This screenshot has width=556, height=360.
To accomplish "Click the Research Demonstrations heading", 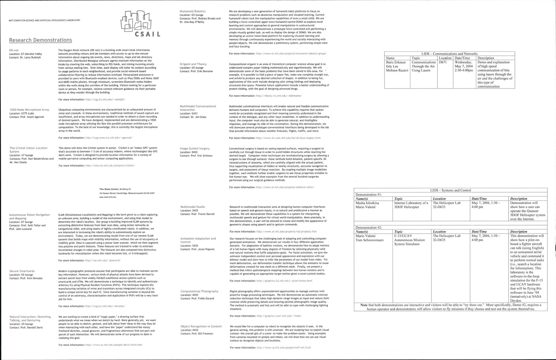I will pyautogui.click(x=40, y=40).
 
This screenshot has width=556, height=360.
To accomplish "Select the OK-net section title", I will pyautogui.click(x=14, y=50).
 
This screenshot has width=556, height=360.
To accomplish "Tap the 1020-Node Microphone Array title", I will pyautogui.click(x=29, y=110).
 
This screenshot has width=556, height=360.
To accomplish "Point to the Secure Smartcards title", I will pyautogui.click(x=22, y=271).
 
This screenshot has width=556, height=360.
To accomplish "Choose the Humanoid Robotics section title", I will pyautogui.click(x=192, y=11).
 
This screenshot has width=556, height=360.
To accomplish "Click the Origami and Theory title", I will pyautogui.click(x=193, y=64).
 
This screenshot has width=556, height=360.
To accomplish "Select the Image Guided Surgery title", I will pyautogui.click(x=195, y=149).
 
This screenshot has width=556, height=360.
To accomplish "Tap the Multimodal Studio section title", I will pyautogui.click(x=192, y=207).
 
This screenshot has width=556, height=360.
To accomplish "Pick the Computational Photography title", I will pyautogui.click(x=199, y=291).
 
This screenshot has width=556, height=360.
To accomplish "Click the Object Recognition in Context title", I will pyautogui.click(x=201, y=326).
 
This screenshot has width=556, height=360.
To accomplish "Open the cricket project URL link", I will pyautogui.click(x=110, y=166).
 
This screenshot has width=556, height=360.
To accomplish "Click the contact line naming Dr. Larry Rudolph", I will pyautogui.click(x=25, y=57).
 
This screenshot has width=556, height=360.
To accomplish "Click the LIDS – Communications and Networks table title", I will pyautogui.click(x=449, y=54).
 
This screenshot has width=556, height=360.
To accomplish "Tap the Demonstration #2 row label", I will pyautogui.click(x=368, y=227).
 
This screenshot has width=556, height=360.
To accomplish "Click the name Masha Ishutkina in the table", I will pyautogui.click(x=367, y=203).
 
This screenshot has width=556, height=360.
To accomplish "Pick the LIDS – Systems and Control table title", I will pyautogui.click(x=450, y=190).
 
